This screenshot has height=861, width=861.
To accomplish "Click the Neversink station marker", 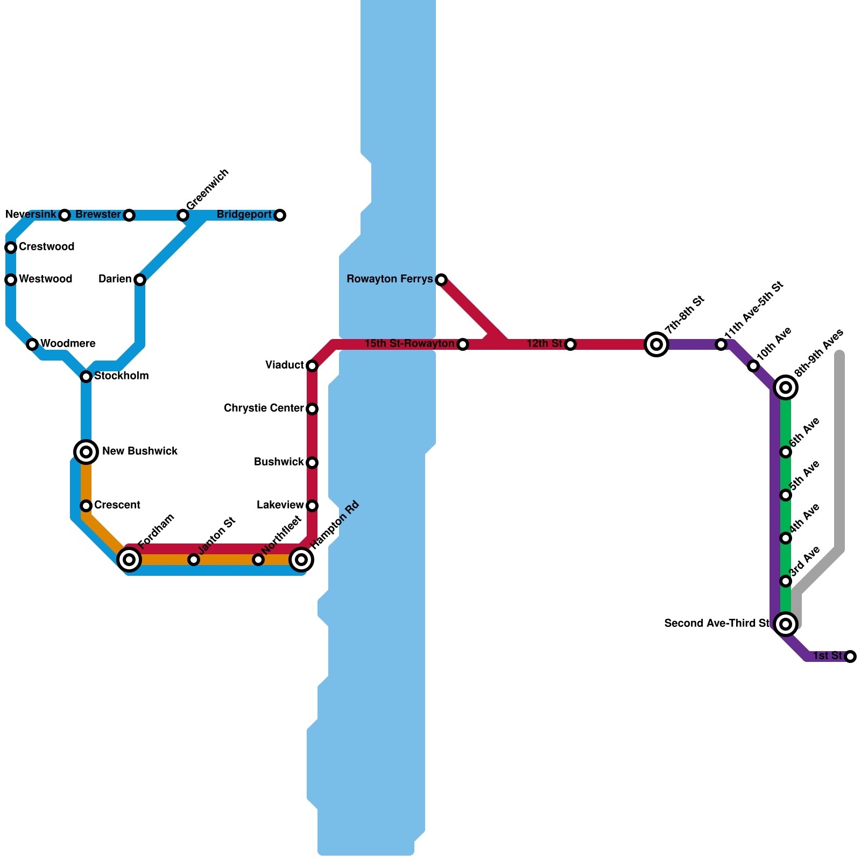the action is (x=65, y=215).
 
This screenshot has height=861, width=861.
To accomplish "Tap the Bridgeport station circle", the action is (x=280, y=215).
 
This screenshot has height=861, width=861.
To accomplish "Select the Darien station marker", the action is (x=140, y=280).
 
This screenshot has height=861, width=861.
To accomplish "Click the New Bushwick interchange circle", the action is (x=86, y=452).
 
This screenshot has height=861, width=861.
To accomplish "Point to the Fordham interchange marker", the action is (x=129, y=560).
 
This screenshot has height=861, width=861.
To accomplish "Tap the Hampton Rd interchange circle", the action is (x=301, y=560).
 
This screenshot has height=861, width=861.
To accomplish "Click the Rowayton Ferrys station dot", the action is (x=441, y=280).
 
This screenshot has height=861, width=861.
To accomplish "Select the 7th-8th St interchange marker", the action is (x=657, y=344).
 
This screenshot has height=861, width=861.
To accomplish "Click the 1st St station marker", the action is (x=850, y=657).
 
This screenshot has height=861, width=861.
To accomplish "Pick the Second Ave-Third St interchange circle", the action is (x=786, y=624).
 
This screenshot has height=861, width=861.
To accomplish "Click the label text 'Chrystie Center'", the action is (x=264, y=408).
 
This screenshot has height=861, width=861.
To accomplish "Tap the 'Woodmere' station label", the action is (x=68, y=344).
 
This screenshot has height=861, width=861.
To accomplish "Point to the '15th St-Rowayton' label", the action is (x=410, y=344).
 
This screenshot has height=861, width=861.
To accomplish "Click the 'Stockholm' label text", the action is (x=121, y=376).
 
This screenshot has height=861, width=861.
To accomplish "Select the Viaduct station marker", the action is (x=312, y=366).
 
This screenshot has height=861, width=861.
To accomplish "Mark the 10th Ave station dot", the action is (x=753, y=366).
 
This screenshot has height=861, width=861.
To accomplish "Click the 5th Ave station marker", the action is (x=786, y=495).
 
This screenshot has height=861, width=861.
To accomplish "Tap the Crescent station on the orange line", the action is (x=86, y=506).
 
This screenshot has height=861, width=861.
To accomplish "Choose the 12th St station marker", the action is (x=570, y=344).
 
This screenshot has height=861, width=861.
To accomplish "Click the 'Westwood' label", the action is (x=45, y=279).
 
